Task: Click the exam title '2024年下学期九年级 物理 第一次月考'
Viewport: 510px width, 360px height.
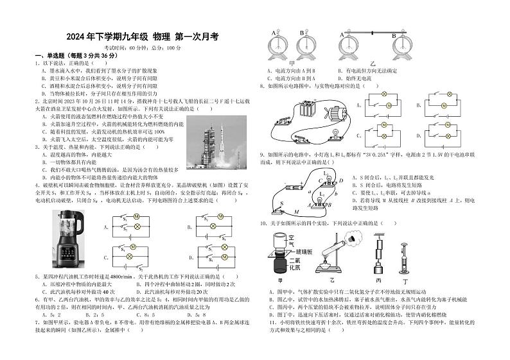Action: (143, 37)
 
